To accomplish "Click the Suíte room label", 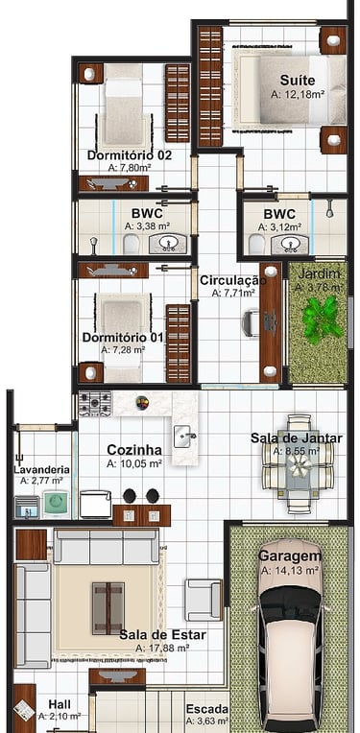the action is point(298,80).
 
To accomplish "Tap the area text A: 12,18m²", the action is point(298,94).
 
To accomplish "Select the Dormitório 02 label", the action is point(130,155).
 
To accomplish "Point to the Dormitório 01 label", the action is point(123,337).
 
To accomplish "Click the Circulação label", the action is point(233,280).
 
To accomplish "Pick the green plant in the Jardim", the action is point(323,319).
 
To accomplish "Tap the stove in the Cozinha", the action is point(95,403).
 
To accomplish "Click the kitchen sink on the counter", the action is point(184,437).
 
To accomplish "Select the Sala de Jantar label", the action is point(297,438).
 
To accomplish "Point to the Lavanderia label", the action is point(41,470).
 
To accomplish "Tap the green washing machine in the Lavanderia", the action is point(55,504).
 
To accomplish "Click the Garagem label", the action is point(290,556).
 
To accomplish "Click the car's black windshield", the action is point(290,604).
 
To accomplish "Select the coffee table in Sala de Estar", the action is point(108,607).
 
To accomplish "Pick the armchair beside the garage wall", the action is point(203,600).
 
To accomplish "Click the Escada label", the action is point(207,709).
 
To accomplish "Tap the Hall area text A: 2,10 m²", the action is point(60,716).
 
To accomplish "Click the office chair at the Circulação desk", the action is point(251,322).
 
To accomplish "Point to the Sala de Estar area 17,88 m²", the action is point(162,648).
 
